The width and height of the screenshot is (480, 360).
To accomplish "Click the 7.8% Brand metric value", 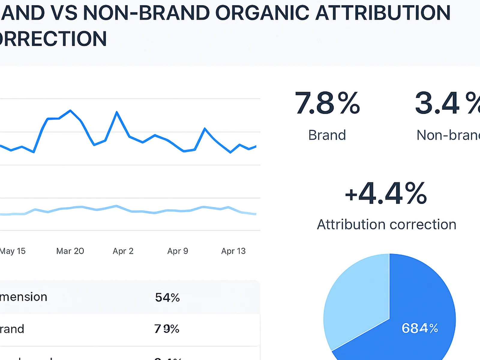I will click(x=327, y=103).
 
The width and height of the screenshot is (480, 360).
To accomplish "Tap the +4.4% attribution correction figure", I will click(x=386, y=193).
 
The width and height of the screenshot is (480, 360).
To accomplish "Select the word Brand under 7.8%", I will click(x=327, y=135).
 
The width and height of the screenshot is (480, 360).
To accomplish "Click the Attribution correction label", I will click(x=386, y=224).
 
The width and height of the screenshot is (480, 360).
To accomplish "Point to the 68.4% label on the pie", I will click(x=420, y=328).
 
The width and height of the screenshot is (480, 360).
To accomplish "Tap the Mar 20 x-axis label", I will click(x=70, y=251).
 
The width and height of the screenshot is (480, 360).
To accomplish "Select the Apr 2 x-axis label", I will click(x=123, y=251).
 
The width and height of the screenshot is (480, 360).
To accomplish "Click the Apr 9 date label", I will click(x=178, y=251).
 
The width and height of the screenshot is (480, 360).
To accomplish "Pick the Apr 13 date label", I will click(x=233, y=251).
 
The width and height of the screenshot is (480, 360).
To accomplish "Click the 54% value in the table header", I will click(x=167, y=297).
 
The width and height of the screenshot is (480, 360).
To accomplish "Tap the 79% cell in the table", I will click(x=167, y=329).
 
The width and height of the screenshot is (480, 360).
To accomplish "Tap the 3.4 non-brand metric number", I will click(x=437, y=103).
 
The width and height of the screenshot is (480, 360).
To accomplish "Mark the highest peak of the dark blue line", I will click(x=70, y=110).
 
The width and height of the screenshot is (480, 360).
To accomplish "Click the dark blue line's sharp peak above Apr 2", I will click(x=117, y=112).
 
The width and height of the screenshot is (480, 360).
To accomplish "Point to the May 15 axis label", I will click(x=13, y=251).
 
